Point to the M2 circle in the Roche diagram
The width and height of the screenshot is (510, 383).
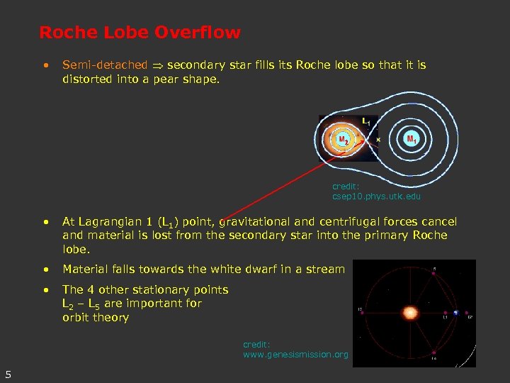click(x=343, y=140)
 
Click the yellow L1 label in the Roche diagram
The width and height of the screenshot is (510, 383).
click(x=365, y=121)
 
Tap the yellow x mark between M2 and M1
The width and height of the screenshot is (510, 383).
click(x=378, y=140)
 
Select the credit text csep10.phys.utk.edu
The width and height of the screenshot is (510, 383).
click(x=376, y=196)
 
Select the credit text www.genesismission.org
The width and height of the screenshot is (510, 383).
click(x=295, y=354)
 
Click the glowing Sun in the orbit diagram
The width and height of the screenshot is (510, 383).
click(x=409, y=312)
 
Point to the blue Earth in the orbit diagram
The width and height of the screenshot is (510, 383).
click(x=456, y=312)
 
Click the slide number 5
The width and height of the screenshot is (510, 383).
click(x=7, y=374)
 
